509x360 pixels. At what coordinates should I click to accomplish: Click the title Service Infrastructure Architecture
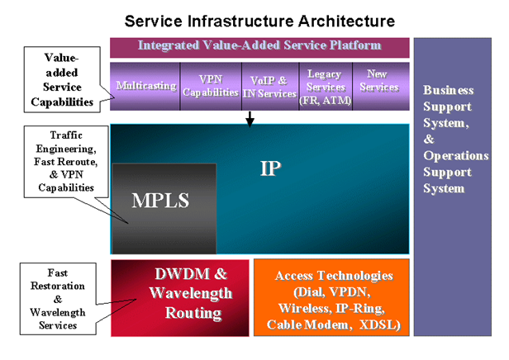point(259,20)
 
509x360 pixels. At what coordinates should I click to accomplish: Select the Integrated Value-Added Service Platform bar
point(259,45)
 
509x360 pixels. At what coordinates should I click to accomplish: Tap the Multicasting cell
point(145,85)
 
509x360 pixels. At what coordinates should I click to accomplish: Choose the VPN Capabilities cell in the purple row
point(210,86)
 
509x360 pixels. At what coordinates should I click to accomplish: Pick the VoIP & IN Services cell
point(269,87)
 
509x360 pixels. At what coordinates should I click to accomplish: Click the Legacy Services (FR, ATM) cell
point(324,87)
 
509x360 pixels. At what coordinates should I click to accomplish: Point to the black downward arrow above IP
point(250,120)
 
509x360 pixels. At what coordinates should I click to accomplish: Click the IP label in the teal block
point(271,168)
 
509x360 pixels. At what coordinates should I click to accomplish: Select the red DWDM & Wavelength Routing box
point(180,297)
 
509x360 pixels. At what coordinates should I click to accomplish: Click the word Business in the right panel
point(448,89)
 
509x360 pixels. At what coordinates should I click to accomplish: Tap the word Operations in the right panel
point(455,155)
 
